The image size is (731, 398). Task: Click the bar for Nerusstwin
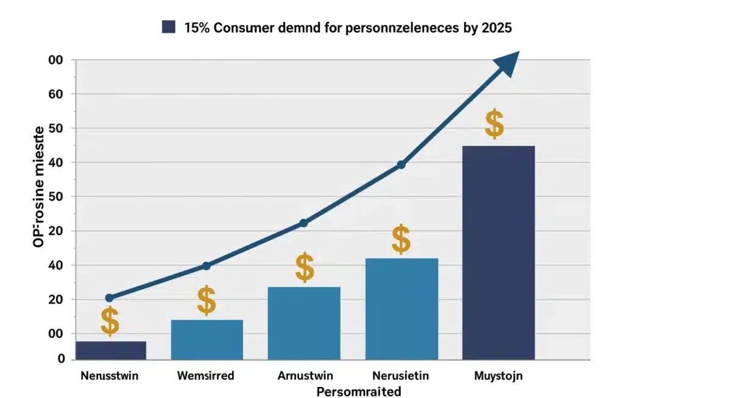[x=111, y=350]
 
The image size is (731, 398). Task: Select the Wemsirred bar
[x=207, y=339]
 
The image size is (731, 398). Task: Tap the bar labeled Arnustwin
[x=304, y=323]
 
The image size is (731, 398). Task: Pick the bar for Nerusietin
[x=401, y=309]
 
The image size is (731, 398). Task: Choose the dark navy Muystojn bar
[x=498, y=253]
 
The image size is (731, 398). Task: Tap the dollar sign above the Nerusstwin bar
[x=110, y=321]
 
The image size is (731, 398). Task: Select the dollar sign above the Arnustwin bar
[x=305, y=267]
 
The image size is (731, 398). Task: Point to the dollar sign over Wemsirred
[x=207, y=300]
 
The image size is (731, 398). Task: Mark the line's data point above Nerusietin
[x=401, y=165]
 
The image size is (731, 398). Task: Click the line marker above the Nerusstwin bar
[x=109, y=298]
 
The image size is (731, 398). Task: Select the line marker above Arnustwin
[x=303, y=223]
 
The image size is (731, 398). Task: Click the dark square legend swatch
[x=169, y=27]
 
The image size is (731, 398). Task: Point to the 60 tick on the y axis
[x=56, y=94]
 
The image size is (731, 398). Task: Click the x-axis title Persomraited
[x=359, y=391]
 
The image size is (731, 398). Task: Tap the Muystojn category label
[x=498, y=375]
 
